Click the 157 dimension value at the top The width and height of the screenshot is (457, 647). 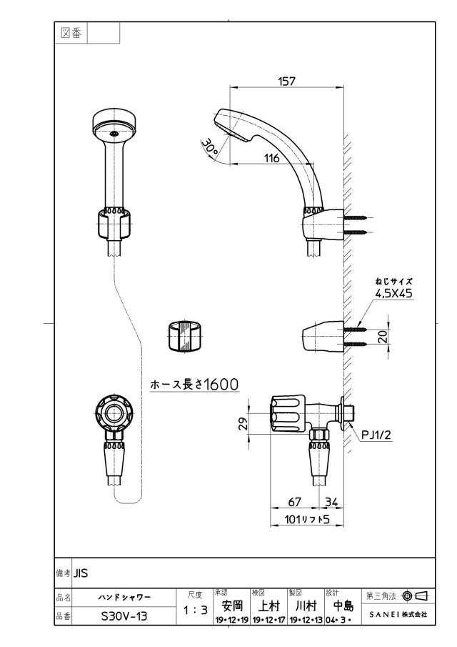coord(286,81)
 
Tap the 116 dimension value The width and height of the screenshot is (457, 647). coord(271,158)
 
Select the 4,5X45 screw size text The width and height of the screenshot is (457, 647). coord(393,293)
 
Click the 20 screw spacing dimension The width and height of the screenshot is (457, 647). coord(383,337)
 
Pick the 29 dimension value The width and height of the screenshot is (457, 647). coord(244,423)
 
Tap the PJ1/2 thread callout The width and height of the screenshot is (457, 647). coord(376,435)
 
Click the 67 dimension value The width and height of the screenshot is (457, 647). coord(294,502)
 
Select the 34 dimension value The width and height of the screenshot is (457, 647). coord(331,502)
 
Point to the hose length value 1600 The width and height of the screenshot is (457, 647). coord(221,385)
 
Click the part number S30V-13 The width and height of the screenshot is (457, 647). coord(124,616)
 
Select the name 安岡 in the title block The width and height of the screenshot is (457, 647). coord(232,606)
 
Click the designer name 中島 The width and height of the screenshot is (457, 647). coord(343,606)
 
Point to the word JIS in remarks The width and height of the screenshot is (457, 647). coord(81,573)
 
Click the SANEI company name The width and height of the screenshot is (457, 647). coord(383,614)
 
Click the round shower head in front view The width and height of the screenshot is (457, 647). coord(114,125)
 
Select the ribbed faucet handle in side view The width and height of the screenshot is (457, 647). coord(288,414)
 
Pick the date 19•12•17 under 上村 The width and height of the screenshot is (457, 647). coord(268,620)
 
